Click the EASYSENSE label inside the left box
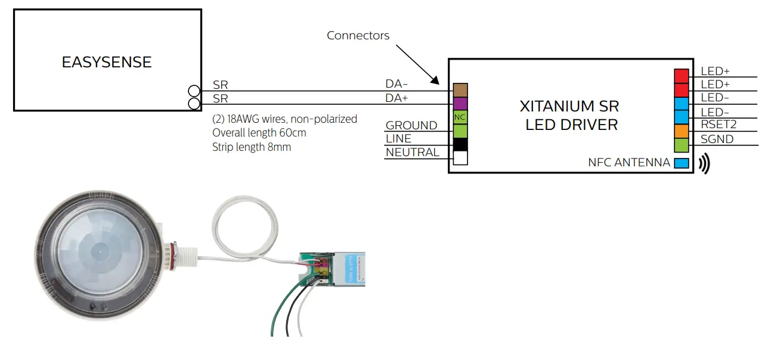click(x=107, y=62)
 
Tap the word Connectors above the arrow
click(x=358, y=36)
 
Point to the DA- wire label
click(x=397, y=85)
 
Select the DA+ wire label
click(x=398, y=98)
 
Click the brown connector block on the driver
click(x=460, y=90)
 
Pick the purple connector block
click(x=460, y=104)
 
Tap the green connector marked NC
click(x=460, y=117)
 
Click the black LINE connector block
click(x=460, y=144)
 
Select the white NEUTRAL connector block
click(x=460, y=158)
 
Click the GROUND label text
click(x=411, y=125)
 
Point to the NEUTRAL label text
click(x=412, y=153)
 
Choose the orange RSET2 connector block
click(x=681, y=131)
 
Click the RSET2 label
click(x=719, y=126)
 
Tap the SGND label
click(x=717, y=139)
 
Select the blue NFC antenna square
click(x=681, y=163)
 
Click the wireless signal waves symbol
click(x=704, y=163)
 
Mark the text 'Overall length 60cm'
click(x=259, y=132)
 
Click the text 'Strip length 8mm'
click(x=252, y=147)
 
